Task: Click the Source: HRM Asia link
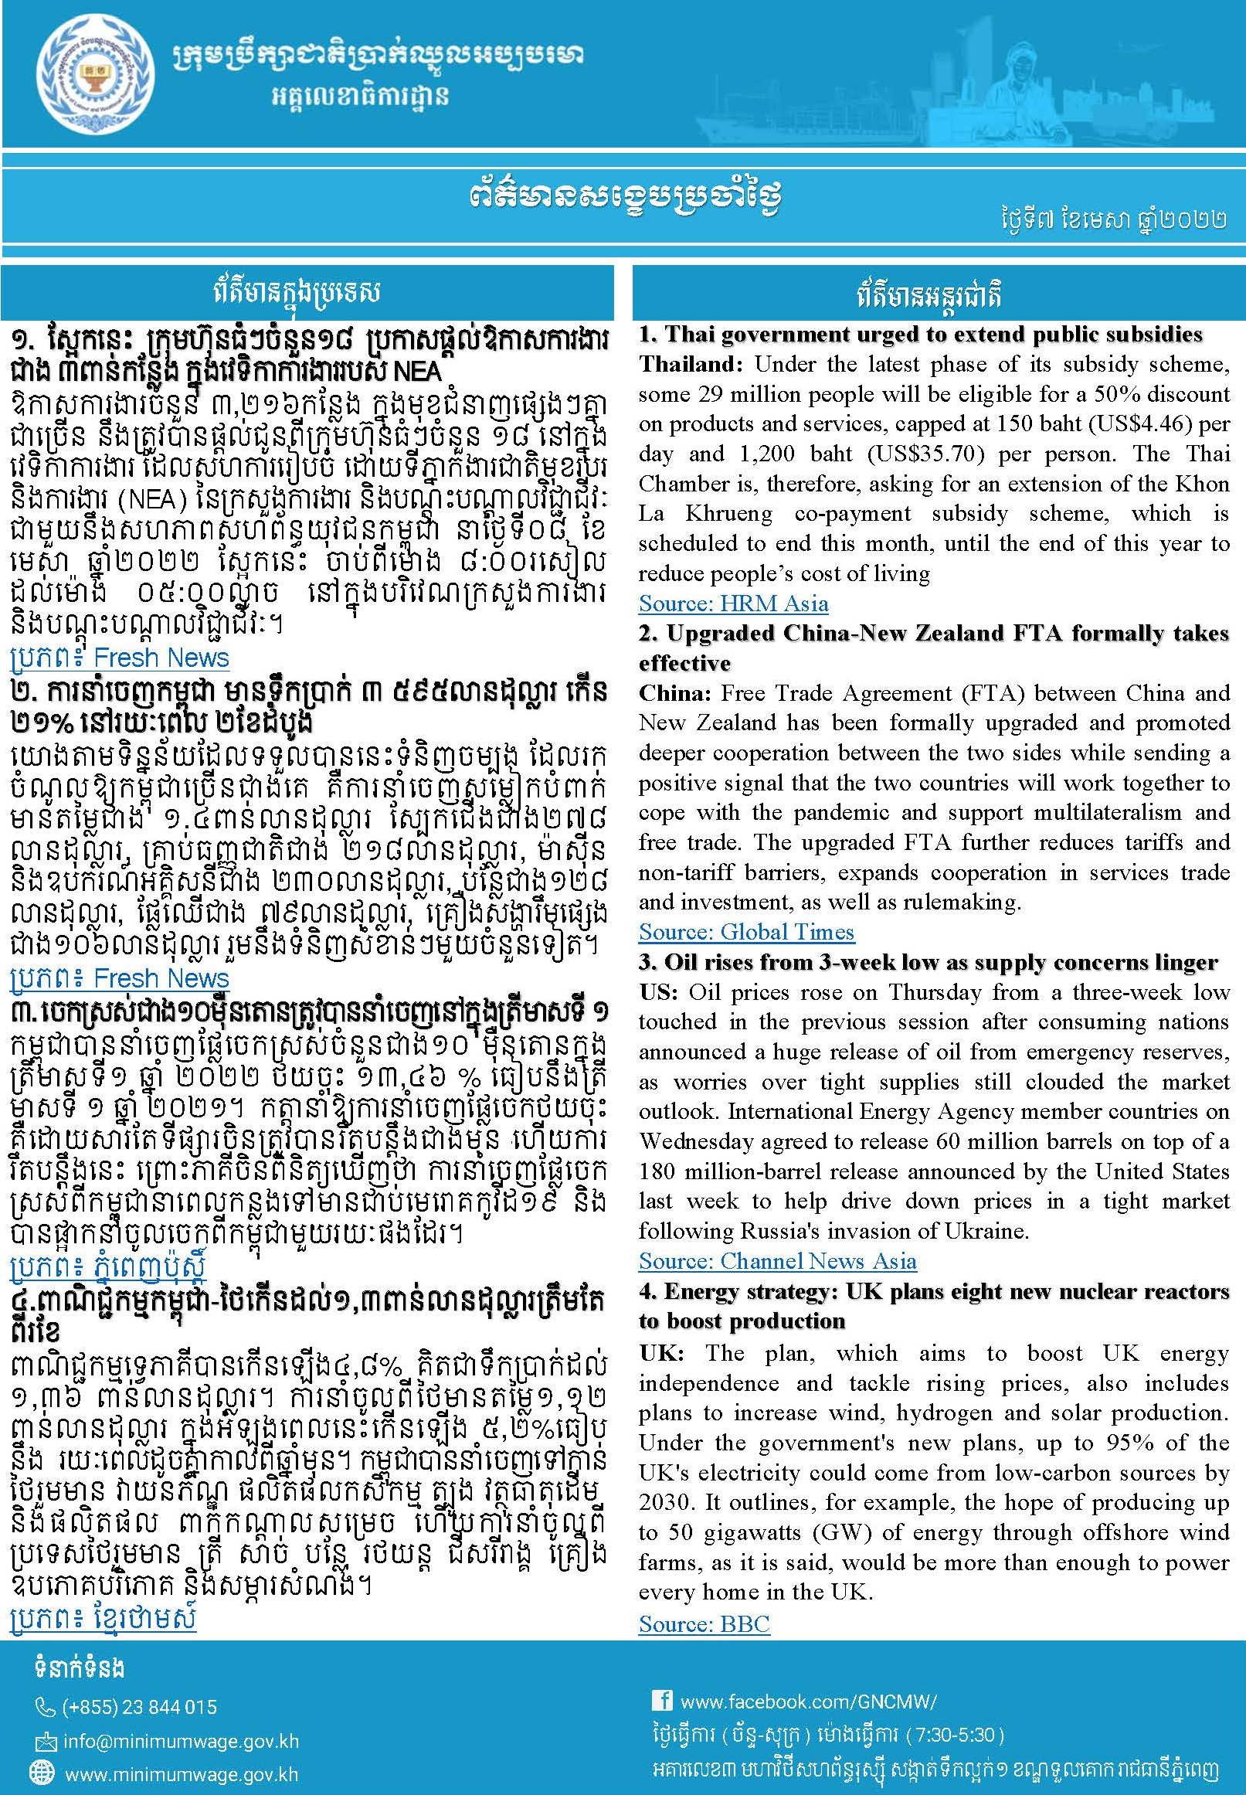pos(733,603)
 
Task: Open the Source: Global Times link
pos(745,931)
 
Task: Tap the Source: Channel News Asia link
pos(777,1261)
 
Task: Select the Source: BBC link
pos(704,1624)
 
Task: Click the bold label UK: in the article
pos(659,1353)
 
